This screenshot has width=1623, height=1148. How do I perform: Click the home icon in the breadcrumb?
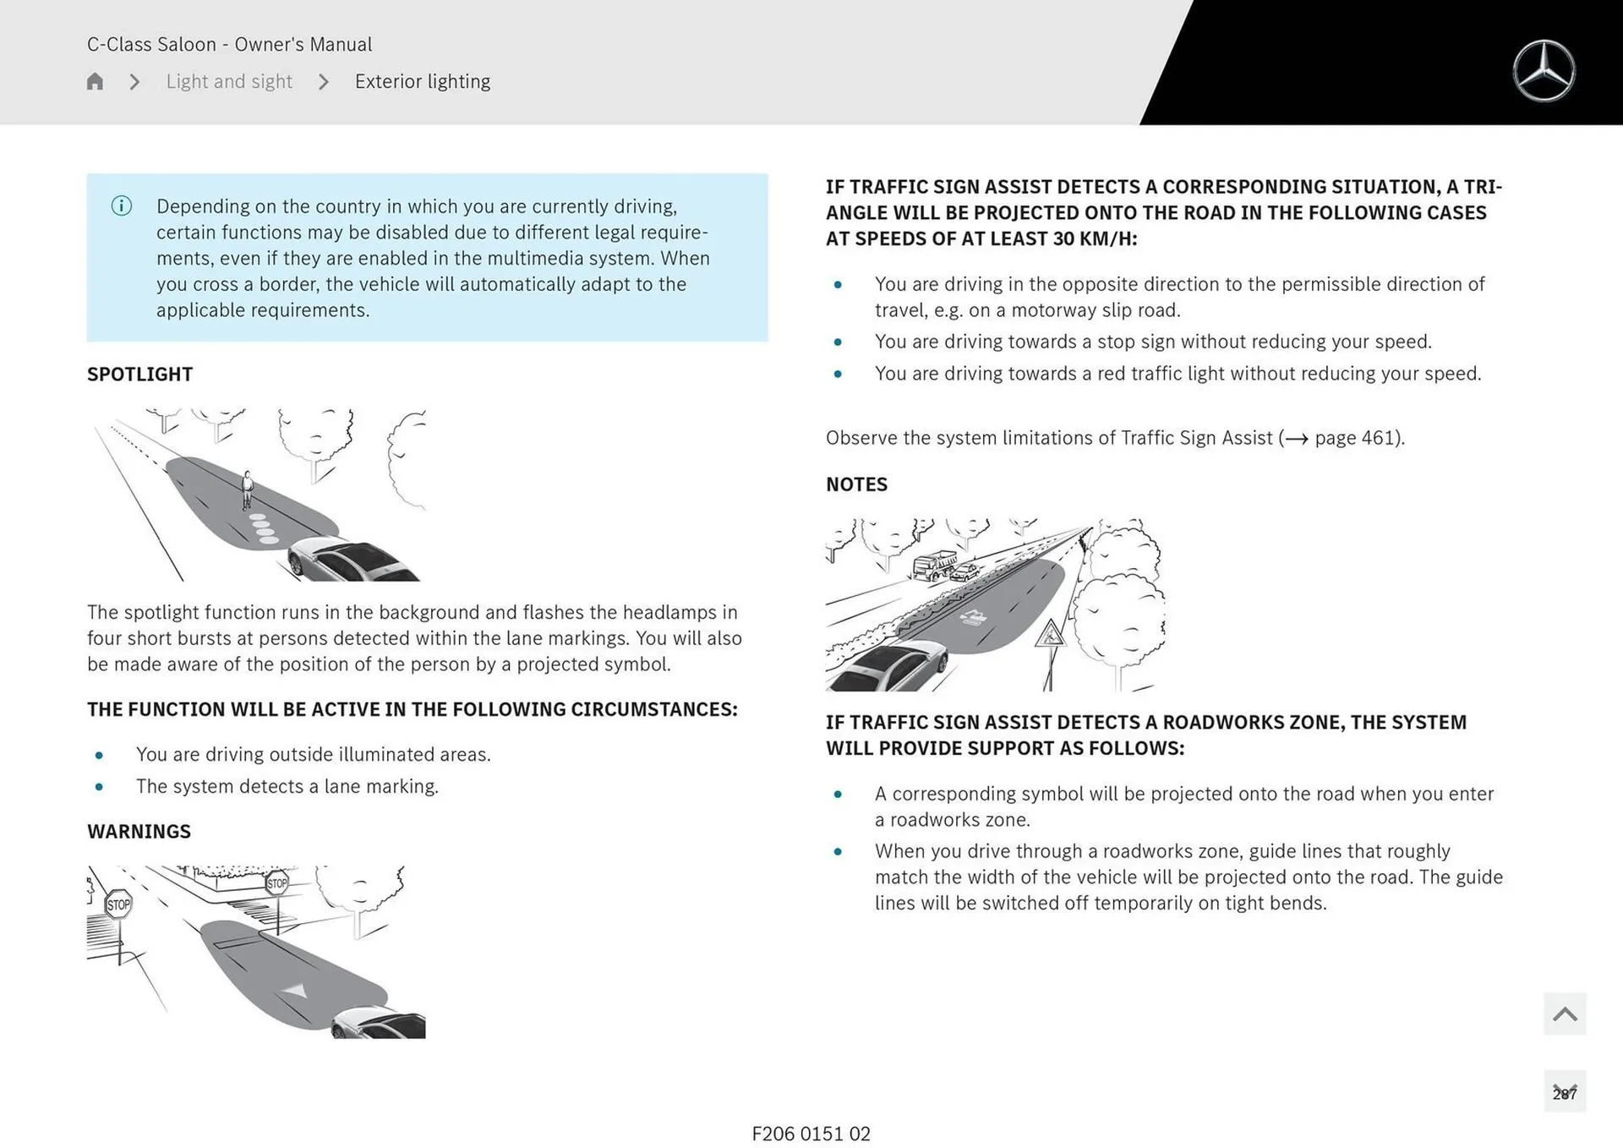(95, 81)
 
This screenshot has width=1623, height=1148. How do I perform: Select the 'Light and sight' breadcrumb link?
(229, 81)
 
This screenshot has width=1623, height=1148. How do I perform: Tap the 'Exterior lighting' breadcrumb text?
(422, 81)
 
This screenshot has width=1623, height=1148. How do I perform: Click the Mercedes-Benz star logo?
(1544, 71)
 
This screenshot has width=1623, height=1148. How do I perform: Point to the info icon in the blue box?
(122, 206)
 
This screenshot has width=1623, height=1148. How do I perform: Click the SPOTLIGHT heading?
(140, 374)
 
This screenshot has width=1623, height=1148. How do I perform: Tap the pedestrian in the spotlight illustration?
(247, 489)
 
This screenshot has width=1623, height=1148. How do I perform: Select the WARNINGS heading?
(139, 832)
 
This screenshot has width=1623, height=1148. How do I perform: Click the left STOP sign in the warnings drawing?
(118, 905)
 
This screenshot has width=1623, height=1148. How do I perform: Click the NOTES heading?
(856, 484)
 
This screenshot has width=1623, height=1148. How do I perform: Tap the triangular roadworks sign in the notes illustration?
(1051, 634)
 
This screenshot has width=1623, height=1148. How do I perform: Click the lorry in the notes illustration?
(934, 565)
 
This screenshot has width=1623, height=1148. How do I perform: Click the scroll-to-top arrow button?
(1565, 1014)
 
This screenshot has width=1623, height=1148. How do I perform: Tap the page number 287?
(1565, 1093)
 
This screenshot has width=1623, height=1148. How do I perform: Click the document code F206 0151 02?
(811, 1134)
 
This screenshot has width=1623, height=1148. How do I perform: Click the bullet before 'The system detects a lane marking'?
(100, 787)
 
